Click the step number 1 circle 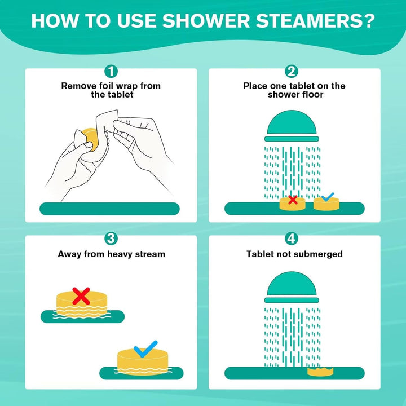[x=112, y=72]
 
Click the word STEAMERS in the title [x=314, y=21]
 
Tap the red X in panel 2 [x=293, y=199]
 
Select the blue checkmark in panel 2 [x=326, y=197]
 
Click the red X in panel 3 [x=81, y=295]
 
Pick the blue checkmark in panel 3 [x=145, y=348]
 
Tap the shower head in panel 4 [x=293, y=290]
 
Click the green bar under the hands [x=109, y=209]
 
